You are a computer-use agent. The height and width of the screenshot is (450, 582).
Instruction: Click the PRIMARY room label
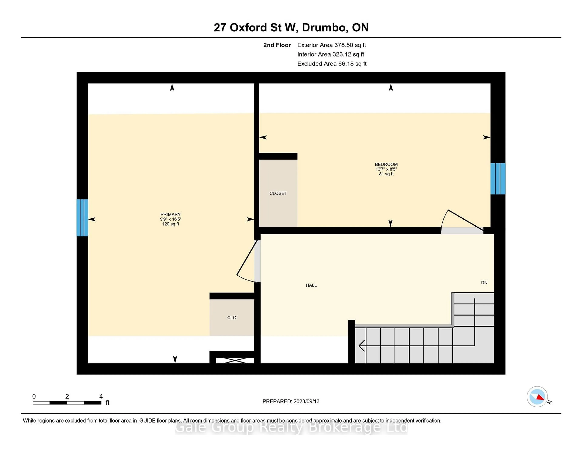pyautogui.click(x=170, y=214)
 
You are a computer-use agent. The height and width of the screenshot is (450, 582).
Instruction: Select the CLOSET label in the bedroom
pyautogui.click(x=278, y=193)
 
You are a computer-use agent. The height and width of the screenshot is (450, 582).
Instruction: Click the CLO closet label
pyautogui.click(x=232, y=317)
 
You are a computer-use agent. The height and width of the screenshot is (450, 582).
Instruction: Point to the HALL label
pyautogui.click(x=311, y=285)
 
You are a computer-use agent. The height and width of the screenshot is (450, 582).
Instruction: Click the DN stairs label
pyautogui.click(x=484, y=283)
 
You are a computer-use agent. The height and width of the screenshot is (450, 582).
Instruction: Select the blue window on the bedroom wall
pyautogui.click(x=498, y=179)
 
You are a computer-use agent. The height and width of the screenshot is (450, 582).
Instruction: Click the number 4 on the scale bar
pyautogui.click(x=101, y=396)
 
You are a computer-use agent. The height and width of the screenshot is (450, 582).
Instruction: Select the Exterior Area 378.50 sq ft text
pyautogui.click(x=331, y=45)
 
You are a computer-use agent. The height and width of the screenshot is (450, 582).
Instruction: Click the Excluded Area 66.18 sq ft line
pyautogui.click(x=332, y=64)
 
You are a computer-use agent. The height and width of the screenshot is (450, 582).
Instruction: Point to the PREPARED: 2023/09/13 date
pyautogui.click(x=291, y=401)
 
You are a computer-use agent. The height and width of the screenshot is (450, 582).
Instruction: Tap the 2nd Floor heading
pyautogui.click(x=277, y=45)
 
